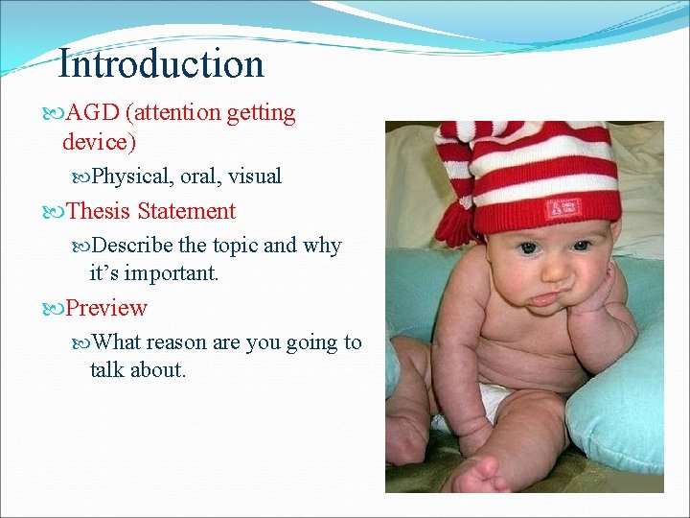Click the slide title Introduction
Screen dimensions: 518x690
160,64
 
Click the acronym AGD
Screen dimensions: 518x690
93,113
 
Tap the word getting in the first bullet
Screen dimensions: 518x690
261,114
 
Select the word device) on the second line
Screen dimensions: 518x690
100,142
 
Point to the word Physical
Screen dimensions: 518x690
130,177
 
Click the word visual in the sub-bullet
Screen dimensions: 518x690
255,177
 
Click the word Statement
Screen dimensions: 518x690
186,211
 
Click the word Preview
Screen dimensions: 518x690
106,309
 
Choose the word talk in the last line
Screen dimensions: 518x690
108,369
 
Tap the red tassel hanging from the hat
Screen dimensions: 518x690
456,224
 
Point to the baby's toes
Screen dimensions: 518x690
478,475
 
